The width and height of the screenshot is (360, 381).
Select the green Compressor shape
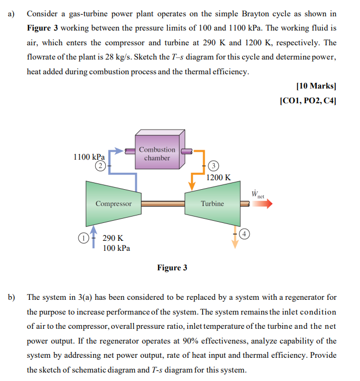[x=113, y=203]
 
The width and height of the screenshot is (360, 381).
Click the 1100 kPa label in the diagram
[x=89, y=157]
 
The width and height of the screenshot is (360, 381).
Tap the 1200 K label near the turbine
[x=218, y=178]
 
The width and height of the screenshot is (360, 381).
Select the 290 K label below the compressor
[x=113, y=238]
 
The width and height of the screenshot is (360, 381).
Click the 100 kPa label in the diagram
[x=116, y=248]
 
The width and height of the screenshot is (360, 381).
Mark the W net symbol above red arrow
[x=258, y=193]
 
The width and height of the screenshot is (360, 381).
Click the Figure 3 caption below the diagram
[x=172, y=268]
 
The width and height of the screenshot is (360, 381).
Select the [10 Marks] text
[x=316, y=85]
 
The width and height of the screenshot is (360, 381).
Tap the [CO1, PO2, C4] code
[x=308, y=100]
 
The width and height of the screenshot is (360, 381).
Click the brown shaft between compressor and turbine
[x=163, y=203]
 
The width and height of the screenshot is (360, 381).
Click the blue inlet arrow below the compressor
[x=94, y=233]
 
